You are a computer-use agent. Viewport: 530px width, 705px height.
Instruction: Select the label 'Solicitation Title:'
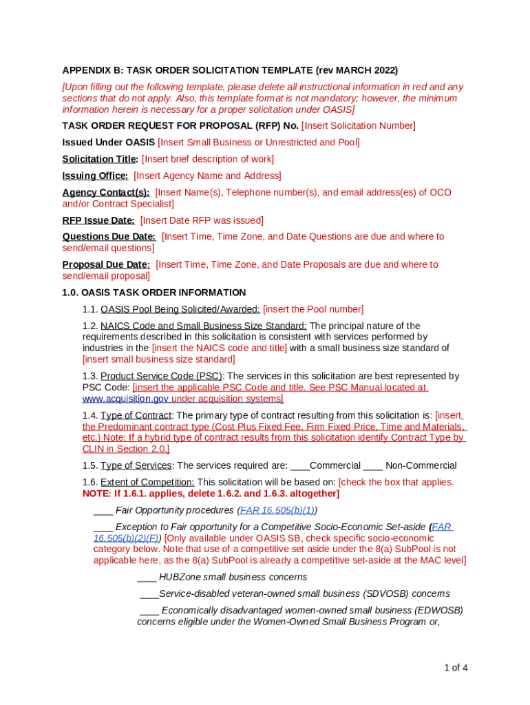click(100, 159)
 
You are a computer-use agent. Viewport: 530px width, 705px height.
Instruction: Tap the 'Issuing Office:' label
click(95, 176)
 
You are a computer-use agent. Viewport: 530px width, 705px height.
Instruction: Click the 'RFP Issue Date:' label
click(98, 220)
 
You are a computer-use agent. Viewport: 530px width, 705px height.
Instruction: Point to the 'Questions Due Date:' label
click(109, 236)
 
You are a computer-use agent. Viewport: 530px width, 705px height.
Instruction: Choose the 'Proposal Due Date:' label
click(106, 264)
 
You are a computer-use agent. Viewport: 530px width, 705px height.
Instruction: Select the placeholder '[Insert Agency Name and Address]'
click(207, 176)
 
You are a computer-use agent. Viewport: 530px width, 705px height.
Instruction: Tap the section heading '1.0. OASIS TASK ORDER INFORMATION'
click(153, 293)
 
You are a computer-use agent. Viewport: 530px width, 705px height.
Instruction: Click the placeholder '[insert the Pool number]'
click(313, 309)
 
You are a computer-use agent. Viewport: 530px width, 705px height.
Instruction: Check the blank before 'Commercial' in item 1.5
click(299, 465)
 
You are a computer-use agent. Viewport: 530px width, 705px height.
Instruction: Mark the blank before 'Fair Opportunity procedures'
click(103, 510)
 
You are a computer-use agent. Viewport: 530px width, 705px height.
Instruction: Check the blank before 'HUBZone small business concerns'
click(147, 577)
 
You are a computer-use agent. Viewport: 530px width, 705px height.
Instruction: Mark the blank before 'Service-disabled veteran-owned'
click(149, 593)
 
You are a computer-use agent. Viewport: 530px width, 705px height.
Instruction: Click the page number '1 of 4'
click(456, 667)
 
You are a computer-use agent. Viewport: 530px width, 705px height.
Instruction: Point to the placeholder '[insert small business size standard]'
click(158, 359)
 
